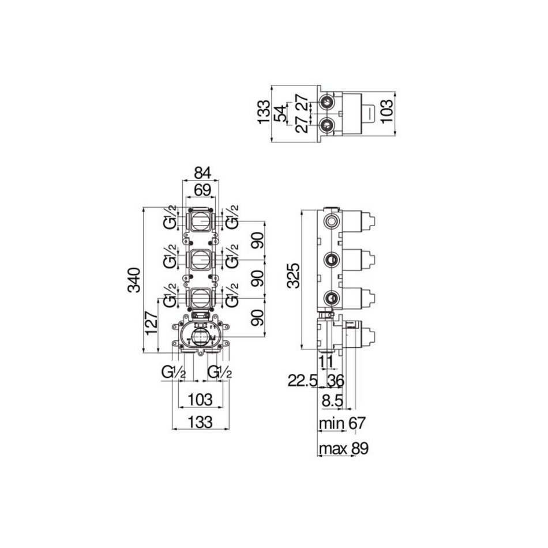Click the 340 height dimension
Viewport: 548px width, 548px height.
(134, 280)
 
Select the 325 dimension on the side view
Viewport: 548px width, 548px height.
(294, 276)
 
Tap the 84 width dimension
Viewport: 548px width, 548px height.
(202, 174)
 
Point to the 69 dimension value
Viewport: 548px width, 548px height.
(202, 190)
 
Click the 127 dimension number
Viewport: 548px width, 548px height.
(152, 322)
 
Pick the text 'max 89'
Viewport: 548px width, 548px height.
(344, 448)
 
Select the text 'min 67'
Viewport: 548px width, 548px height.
(342, 423)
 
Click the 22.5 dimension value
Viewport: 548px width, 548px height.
(302, 381)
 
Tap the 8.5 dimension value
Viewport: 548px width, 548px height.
(332, 401)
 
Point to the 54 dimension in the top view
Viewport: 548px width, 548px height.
(280, 113)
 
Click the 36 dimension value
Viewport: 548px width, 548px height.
(336, 381)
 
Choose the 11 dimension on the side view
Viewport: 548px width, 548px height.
(326, 362)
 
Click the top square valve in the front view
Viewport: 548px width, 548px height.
(201, 221)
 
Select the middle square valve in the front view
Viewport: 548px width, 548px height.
(201, 260)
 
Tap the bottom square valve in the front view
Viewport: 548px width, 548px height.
(201, 299)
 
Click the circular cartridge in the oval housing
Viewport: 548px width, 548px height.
(201, 337)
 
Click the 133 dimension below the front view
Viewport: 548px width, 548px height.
(201, 422)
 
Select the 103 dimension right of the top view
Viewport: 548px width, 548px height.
(387, 111)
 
